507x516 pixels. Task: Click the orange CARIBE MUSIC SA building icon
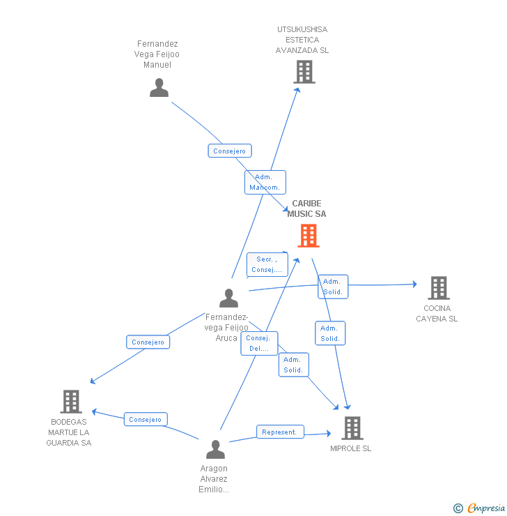[x=309, y=236]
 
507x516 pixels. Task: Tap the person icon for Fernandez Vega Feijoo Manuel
[x=159, y=88]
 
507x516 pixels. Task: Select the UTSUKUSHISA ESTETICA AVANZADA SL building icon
[x=304, y=72]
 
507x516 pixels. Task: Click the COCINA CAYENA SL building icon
[x=438, y=287]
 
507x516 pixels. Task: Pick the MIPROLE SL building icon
[x=352, y=427]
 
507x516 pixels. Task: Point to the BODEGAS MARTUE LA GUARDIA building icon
[x=71, y=402]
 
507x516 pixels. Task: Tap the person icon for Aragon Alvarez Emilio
[x=215, y=449]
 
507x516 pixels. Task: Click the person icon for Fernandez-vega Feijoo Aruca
[x=228, y=298]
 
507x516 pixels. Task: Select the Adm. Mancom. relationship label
[x=265, y=182]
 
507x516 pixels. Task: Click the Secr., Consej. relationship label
[x=267, y=264]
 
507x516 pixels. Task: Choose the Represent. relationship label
[x=279, y=432]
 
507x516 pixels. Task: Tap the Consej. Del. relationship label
[x=259, y=343]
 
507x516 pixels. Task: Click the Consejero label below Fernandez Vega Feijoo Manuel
[x=229, y=151]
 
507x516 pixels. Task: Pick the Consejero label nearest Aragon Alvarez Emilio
[x=146, y=419]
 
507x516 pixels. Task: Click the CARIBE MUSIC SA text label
[x=306, y=208]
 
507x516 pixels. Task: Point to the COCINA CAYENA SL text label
[x=437, y=313]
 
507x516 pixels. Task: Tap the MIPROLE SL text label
[x=350, y=448]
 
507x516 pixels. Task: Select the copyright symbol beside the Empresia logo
[x=458, y=508]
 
